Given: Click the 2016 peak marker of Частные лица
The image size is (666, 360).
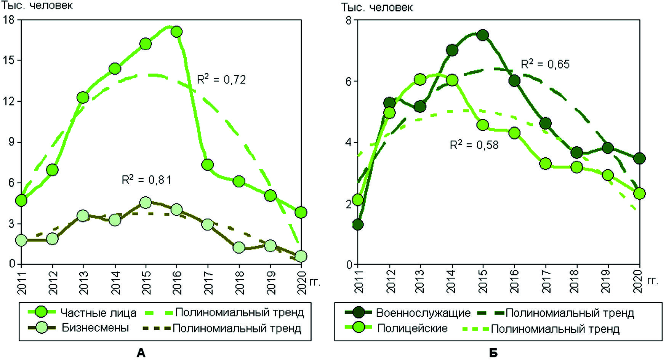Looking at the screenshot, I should pos(176,32).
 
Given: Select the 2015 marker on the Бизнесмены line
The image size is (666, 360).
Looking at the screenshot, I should pos(146,202).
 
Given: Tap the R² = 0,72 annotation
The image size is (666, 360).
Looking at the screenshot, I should pos(221,79).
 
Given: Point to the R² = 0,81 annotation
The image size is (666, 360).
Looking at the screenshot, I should pos(146,179).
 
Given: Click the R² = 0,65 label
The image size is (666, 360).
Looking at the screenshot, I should pos(545,64).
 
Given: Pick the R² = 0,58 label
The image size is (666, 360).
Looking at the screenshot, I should pos(474,145).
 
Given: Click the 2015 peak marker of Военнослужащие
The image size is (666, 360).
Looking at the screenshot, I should pos(483,35).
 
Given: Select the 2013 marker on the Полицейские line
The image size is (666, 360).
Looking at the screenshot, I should pos(420,79).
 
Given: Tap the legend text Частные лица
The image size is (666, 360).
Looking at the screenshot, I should pos(98,313).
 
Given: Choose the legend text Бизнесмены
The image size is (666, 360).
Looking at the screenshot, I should pos(95,328).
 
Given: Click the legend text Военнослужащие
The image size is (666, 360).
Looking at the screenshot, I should pos(423,313).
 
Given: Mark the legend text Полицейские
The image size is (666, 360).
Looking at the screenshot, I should pos(412,328).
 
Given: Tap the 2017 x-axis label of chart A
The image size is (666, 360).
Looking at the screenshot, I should pos(208,282).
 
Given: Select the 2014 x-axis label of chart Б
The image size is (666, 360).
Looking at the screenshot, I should pos(451,281).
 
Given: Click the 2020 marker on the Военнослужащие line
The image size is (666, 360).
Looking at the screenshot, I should pos(639,158).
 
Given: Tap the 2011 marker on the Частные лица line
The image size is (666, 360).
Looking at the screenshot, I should pos(21,200).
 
